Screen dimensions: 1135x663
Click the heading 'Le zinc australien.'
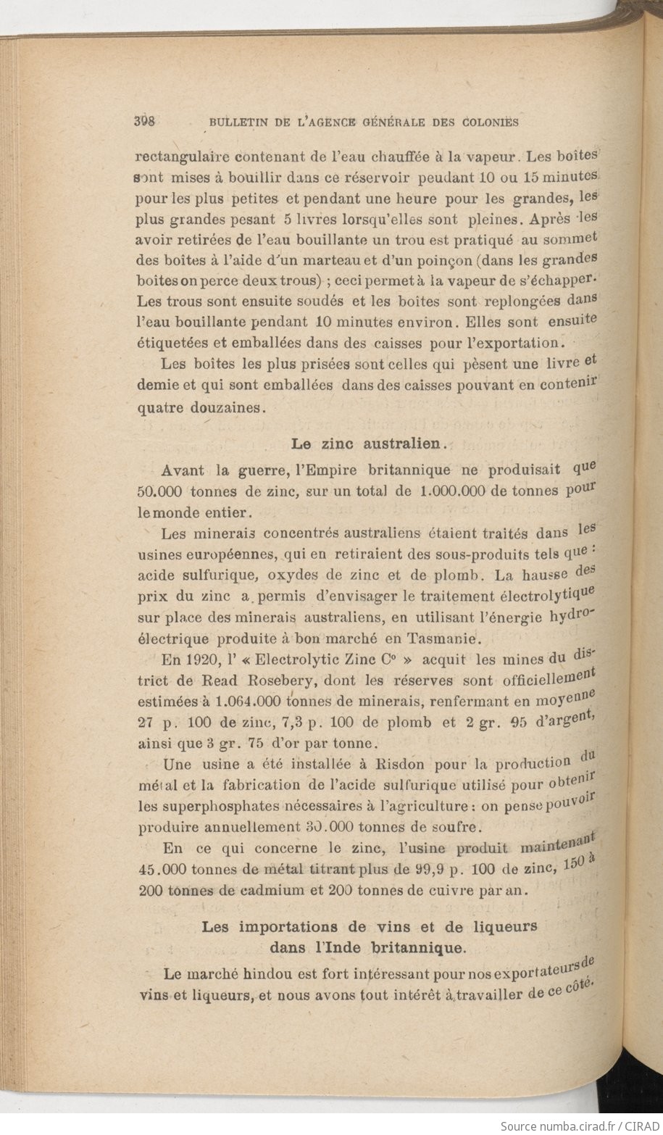point(368,442)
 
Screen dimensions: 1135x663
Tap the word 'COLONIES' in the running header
point(488,122)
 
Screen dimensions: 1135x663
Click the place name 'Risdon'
point(401,764)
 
